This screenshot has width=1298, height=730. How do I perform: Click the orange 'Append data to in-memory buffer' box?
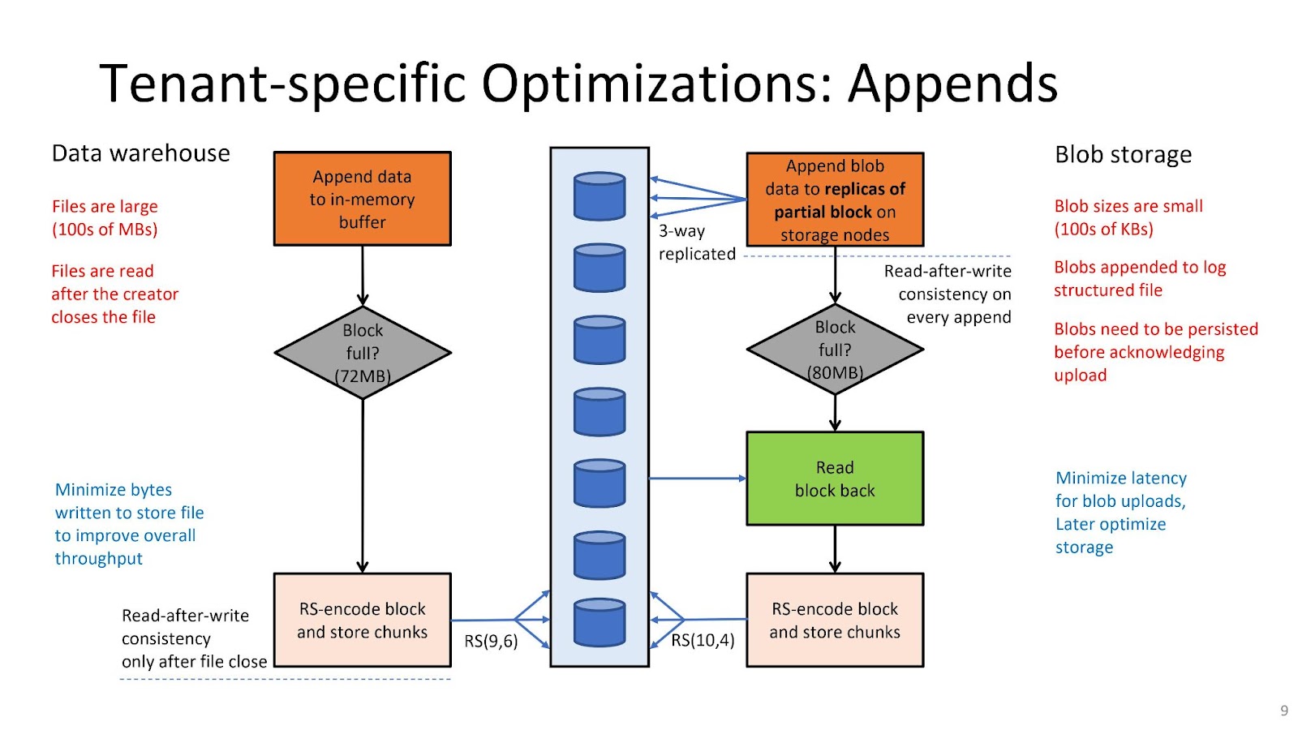pyautogui.click(x=362, y=199)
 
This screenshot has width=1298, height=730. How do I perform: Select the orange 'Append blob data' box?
pyautogui.click(x=835, y=200)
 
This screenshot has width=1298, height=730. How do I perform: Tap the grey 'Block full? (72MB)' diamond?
pyautogui.click(x=363, y=353)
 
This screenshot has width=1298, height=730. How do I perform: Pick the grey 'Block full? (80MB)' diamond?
pyautogui.click(x=835, y=350)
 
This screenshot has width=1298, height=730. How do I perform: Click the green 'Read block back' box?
pyautogui.click(x=835, y=479)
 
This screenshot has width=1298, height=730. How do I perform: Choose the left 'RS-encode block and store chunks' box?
pyautogui.click(x=362, y=620)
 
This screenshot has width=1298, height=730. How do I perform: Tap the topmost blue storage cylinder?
pyautogui.click(x=600, y=195)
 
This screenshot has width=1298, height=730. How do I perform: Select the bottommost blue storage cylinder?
pyautogui.click(x=600, y=622)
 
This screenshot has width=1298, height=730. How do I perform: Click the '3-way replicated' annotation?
pyautogui.click(x=697, y=243)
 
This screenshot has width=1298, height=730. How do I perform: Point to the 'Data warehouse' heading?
pyautogui.click(x=141, y=153)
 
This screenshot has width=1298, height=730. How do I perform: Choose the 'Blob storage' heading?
pyautogui.click(x=1123, y=155)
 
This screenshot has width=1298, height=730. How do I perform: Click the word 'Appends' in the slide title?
pyautogui.click(x=953, y=84)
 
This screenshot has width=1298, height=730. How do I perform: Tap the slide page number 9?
pyautogui.click(x=1284, y=711)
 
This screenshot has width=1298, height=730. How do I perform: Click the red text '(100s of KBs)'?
pyautogui.click(x=1104, y=230)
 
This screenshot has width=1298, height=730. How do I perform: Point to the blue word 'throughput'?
pyautogui.click(x=98, y=559)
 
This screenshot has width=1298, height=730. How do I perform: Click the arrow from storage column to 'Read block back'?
pyautogui.click(x=698, y=479)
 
